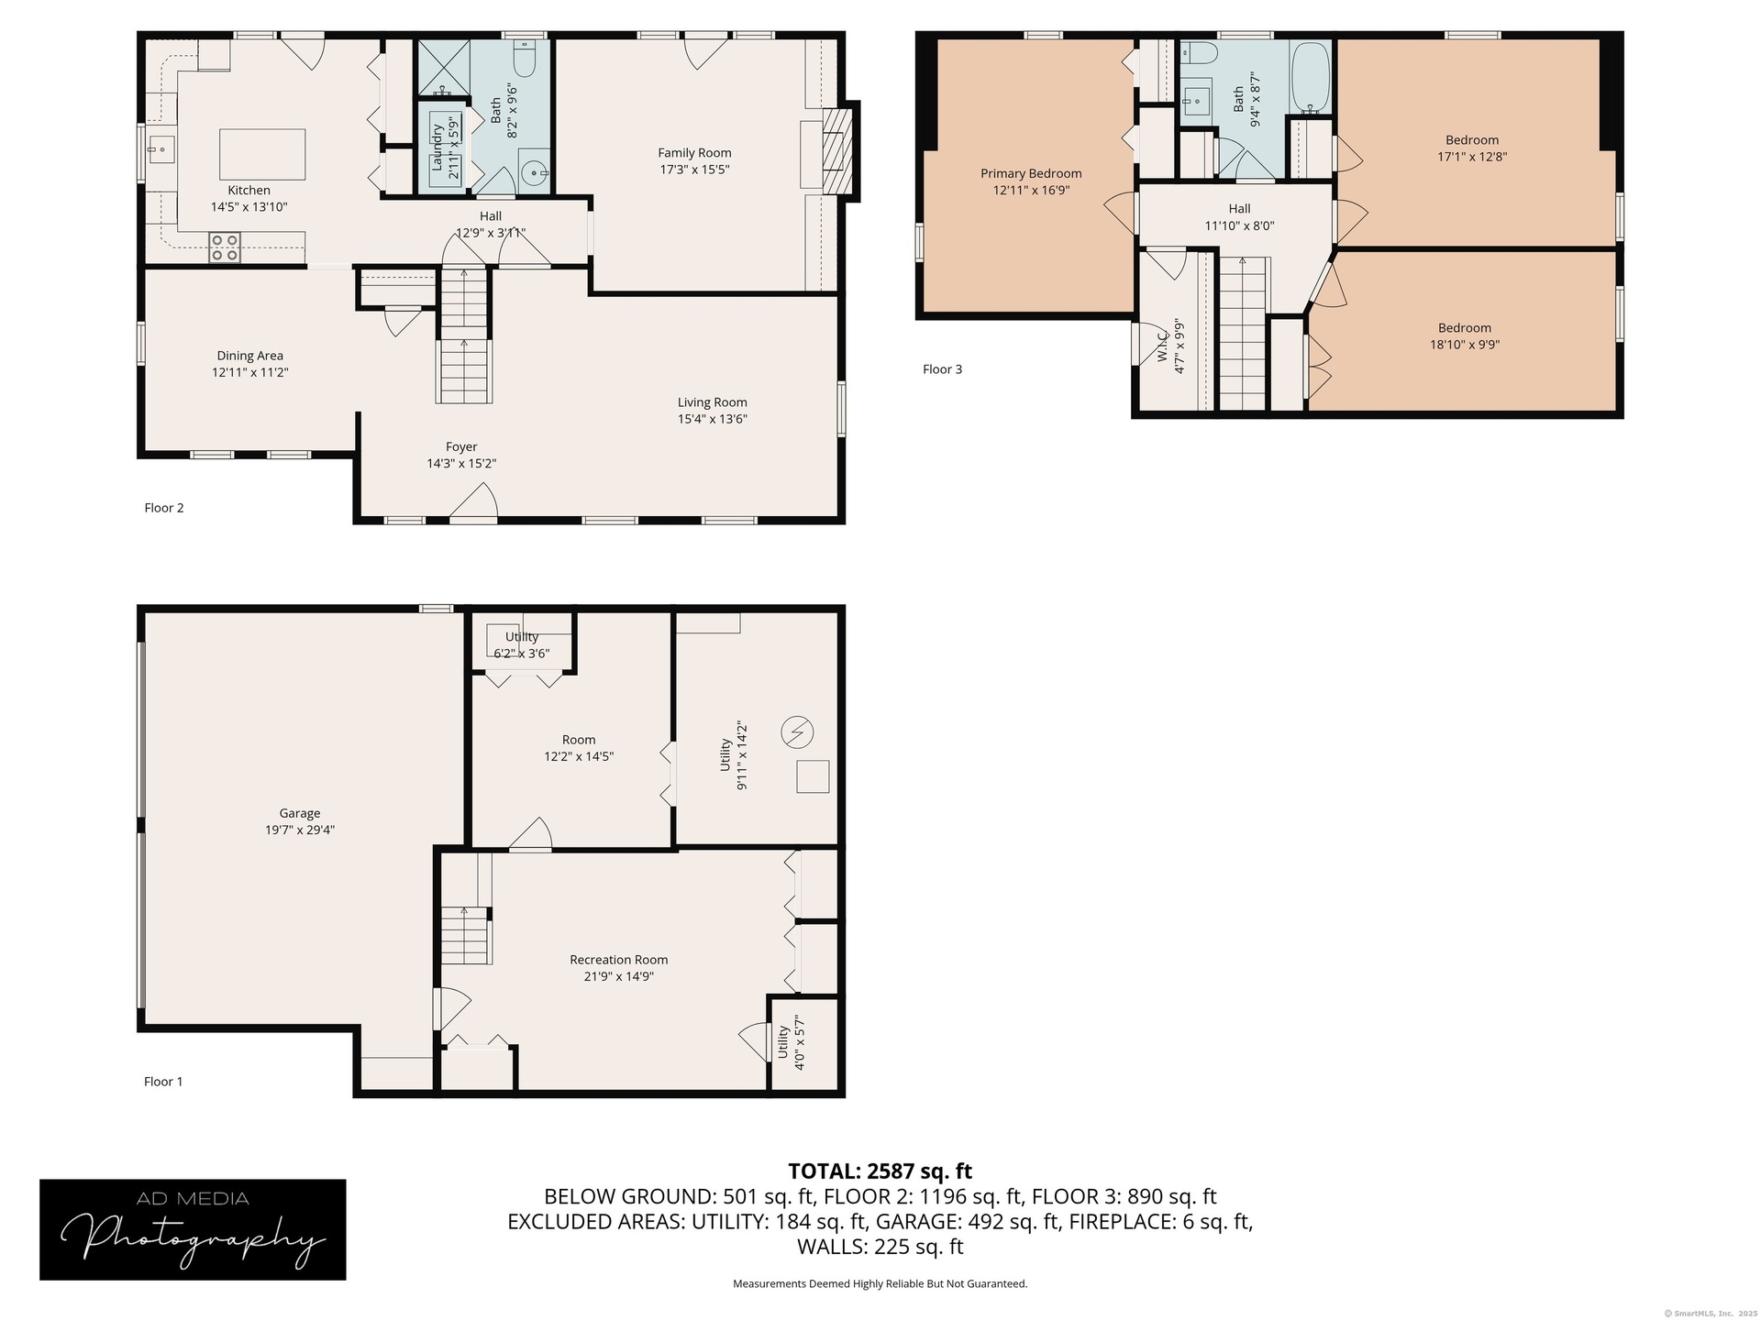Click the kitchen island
[x=262, y=154]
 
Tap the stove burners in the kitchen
[x=226, y=247]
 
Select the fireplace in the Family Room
[x=837, y=150]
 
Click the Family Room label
[x=694, y=153]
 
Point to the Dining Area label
[x=249, y=356]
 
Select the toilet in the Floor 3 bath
[x=1198, y=52]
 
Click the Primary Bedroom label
[x=1031, y=173]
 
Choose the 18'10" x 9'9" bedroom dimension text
[x=1465, y=345]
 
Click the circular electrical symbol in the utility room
[x=797, y=732]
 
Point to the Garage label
[x=300, y=813]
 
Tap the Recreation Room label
[x=619, y=960]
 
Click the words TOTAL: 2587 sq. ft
[x=880, y=1171]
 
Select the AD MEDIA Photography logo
[x=193, y=1229]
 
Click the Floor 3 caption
[x=942, y=369]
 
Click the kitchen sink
[x=161, y=148]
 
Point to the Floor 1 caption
[x=163, y=1082]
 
